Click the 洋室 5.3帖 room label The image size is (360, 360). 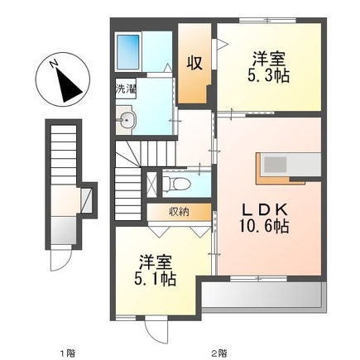coord(268,67)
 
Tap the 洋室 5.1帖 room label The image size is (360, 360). coord(156,271)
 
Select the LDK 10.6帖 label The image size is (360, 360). coord(264,218)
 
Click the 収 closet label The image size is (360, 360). coord(194,63)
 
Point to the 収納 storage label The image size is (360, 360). coord(179,212)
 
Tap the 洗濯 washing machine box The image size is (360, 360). coord(126,89)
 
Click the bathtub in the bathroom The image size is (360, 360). coord(128,52)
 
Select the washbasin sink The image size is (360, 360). coord(126,120)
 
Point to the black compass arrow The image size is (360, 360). coord(68,85)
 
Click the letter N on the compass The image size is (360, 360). coord(54,64)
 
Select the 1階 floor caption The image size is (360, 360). coord(68,353)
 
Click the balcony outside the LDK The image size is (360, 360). coord(263,295)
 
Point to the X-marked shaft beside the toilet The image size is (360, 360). coord(151,184)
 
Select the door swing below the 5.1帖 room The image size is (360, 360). coord(156,330)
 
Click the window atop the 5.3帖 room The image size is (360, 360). coord(267,20)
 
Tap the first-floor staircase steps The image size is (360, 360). coord(64,156)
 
